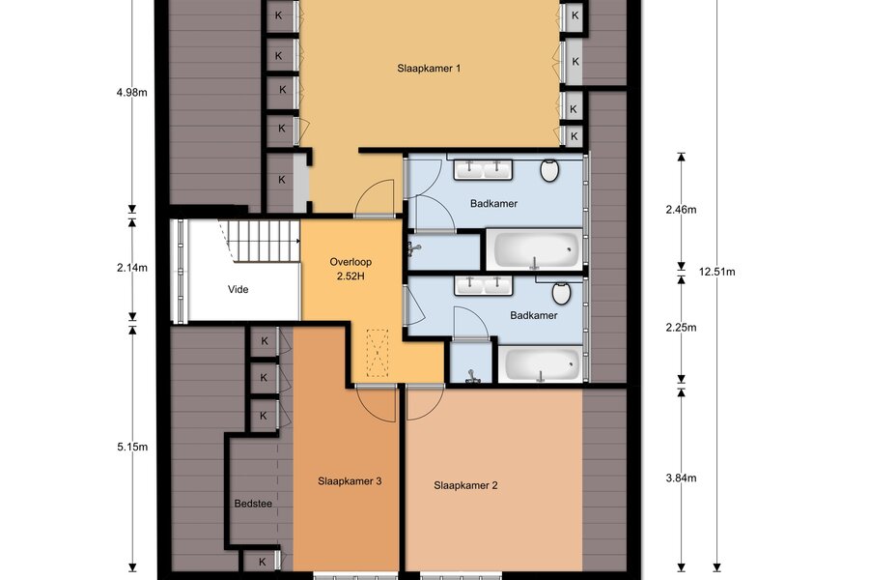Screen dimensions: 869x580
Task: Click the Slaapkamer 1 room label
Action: pyautogui.click(x=429, y=69)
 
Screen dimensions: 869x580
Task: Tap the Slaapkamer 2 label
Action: pyautogui.click(x=465, y=485)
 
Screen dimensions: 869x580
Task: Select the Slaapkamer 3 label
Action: pyautogui.click(x=350, y=481)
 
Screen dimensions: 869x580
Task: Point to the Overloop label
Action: pyautogui.click(x=350, y=262)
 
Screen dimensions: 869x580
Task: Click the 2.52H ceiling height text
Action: pyautogui.click(x=350, y=275)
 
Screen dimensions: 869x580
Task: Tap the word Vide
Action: pyautogui.click(x=238, y=289)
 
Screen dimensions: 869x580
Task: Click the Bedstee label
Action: pyautogui.click(x=253, y=504)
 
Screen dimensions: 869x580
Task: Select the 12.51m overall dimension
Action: pyautogui.click(x=716, y=272)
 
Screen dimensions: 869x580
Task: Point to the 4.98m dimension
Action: pyautogui.click(x=132, y=92)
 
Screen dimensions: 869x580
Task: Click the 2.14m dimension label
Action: pyautogui.click(x=132, y=268)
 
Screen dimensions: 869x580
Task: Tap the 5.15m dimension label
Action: pyautogui.click(x=132, y=447)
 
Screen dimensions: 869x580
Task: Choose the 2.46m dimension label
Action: pyautogui.click(x=681, y=209)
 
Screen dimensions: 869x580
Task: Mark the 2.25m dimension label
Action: pyautogui.click(x=681, y=328)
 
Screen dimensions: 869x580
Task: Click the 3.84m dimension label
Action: pyautogui.click(x=681, y=478)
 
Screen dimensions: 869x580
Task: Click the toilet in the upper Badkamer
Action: pyautogui.click(x=549, y=170)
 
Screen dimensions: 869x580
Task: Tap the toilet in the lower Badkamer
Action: pyautogui.click(x=561, y=293)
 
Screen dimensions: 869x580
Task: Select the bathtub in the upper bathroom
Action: pyautogui.click(x=534, y=249)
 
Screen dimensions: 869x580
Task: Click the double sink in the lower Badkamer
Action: pyautogui.click(x=484, y=285)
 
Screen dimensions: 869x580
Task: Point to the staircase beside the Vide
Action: pyautogui.click(x=264, y=241)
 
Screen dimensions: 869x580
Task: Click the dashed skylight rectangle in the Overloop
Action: pyautogui.click(x=378, y=353)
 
